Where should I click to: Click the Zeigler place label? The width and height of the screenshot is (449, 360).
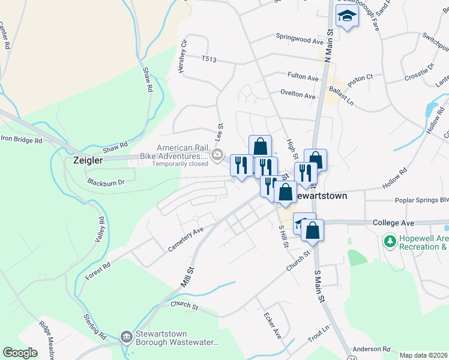point(88,160)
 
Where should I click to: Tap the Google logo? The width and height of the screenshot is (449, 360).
point(20,353)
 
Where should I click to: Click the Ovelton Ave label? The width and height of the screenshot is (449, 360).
point(298,95)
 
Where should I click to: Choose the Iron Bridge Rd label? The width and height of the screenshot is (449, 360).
point(22,140)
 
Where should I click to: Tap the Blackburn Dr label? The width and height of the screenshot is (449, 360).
point(105,181)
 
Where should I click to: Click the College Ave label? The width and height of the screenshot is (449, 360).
point(394,223)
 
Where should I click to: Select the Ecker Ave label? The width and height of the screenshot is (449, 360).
point(273,325)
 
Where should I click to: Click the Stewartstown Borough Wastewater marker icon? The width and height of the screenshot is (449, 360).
point(126,337)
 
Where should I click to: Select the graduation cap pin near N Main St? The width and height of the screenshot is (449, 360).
point(346,17)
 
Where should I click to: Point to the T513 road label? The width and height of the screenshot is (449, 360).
point(209,58)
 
